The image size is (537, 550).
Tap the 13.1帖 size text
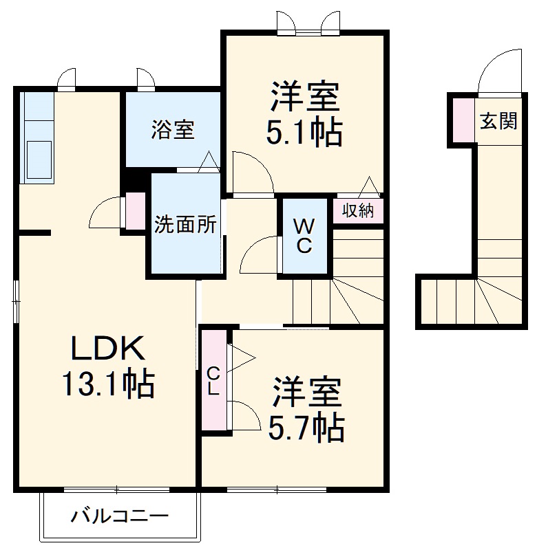pos(108,385)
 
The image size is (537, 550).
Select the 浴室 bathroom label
pos(173,130)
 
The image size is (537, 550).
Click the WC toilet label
pos(305,234)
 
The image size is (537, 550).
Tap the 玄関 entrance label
pos(498,122)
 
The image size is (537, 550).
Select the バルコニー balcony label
pos(119,516)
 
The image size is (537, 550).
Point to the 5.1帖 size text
pos(304,133)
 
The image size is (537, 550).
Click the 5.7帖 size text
pos(306,429)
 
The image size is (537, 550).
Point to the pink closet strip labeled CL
pos(214,382)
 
